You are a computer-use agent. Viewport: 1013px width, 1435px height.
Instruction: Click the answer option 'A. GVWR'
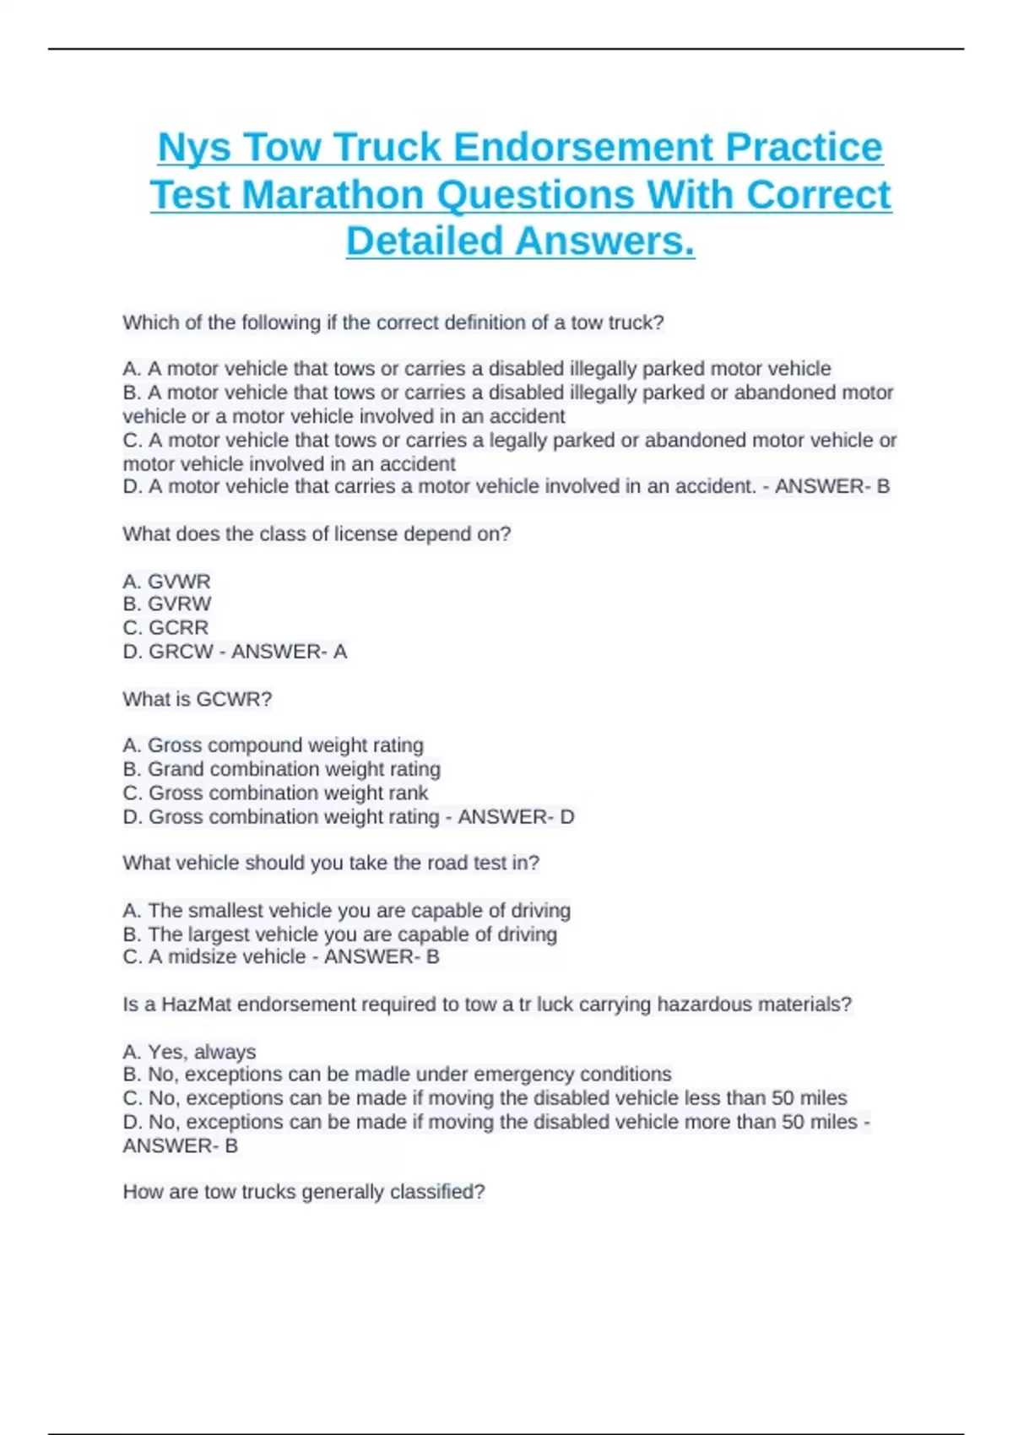point(166,582)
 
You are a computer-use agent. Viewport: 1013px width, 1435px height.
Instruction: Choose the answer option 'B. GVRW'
point(166,604)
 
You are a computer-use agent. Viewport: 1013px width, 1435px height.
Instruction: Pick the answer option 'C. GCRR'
point(165,627)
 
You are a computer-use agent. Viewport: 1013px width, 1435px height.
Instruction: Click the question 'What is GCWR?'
point(197,699)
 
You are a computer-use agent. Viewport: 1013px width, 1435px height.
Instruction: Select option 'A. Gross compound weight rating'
point(273,745)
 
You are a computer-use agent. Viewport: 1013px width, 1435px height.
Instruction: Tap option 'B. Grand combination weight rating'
point(281,769)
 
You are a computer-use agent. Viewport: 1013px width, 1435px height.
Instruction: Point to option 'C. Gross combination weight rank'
point(275,793)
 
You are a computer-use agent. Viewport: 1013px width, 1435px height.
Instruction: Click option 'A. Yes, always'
point(189,1052)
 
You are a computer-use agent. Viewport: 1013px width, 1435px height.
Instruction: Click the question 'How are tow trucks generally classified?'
point(304,1192)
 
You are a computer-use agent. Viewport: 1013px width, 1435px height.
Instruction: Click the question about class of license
point(317,534)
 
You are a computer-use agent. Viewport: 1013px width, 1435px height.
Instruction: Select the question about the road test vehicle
point(330,863)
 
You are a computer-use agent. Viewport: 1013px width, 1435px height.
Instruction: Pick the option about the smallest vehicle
point(346,911)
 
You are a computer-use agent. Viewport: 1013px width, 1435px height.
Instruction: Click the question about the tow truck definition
point(393,322)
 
